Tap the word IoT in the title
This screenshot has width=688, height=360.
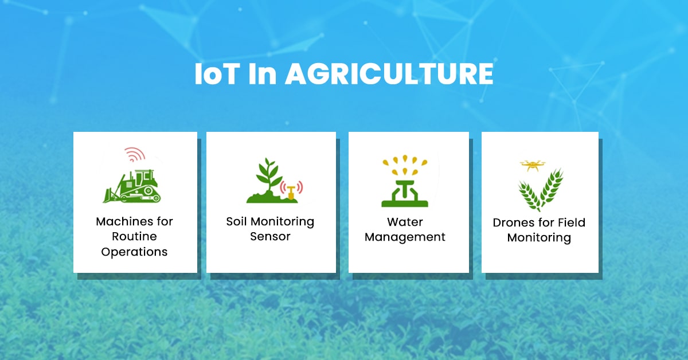click(x=216, y=75)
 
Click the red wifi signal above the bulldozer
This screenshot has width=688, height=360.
click(x=135, y=155)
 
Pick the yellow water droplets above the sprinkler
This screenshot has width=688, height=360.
click(x=409, y=164)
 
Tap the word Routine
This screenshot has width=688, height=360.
click(x=134, y=236)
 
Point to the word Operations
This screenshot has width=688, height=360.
click(x=134, y=252)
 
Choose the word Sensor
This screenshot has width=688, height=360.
click(x=270, y=236)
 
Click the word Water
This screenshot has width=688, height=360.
click(x=405, y=222)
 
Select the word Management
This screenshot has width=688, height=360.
click(x=405, y=237)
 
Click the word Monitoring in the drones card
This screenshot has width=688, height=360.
click(x=539, y=237)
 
